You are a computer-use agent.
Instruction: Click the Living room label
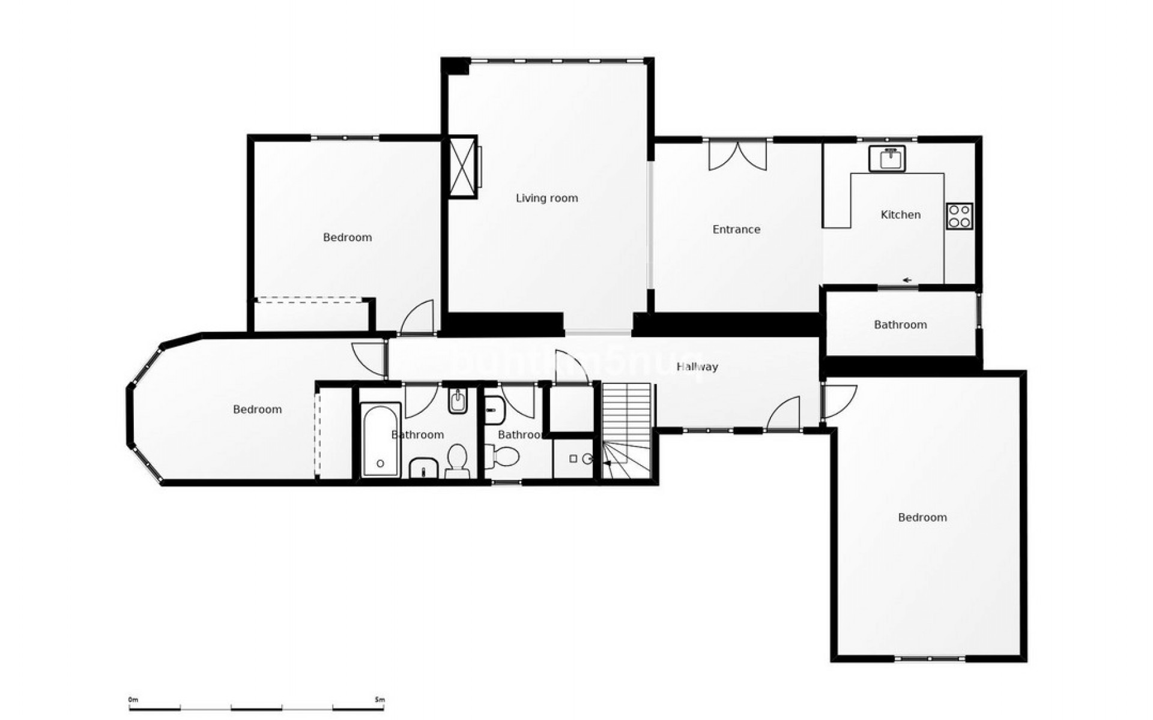click(x=546, y=198)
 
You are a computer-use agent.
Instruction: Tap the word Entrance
click(x=736, y=229)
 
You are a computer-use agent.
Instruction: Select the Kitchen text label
click(x=900, y=214)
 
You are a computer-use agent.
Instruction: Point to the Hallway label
click(x=697, y=367)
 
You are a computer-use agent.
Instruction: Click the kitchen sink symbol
click(x=887, y=158)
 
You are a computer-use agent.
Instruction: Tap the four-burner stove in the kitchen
click(x=959, y=216)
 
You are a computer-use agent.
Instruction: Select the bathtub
click(x=380, y=440)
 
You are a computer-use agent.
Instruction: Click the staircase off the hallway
click(x=626, y=430)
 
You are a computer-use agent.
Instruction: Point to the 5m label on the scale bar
click(x=378, y=700)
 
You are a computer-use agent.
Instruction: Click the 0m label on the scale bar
click(x=133, y=700)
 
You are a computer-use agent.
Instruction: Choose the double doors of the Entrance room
click(x=737, y=155)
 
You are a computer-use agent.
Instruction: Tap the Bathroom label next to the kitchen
click(x=900, y=325)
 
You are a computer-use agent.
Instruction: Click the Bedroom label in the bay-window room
click(x=257, y=409)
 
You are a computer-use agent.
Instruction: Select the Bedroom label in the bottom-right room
click(x=922, y=517)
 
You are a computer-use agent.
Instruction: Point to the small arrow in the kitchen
click(x=907, y=280)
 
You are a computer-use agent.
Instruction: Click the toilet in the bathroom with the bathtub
click(x=457, y=460)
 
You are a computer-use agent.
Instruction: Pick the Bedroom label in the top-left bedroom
click(x=347, y=237)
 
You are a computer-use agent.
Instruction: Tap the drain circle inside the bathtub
click(x=380, y=464)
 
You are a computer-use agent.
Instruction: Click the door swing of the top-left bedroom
click(x=418, y=317)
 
